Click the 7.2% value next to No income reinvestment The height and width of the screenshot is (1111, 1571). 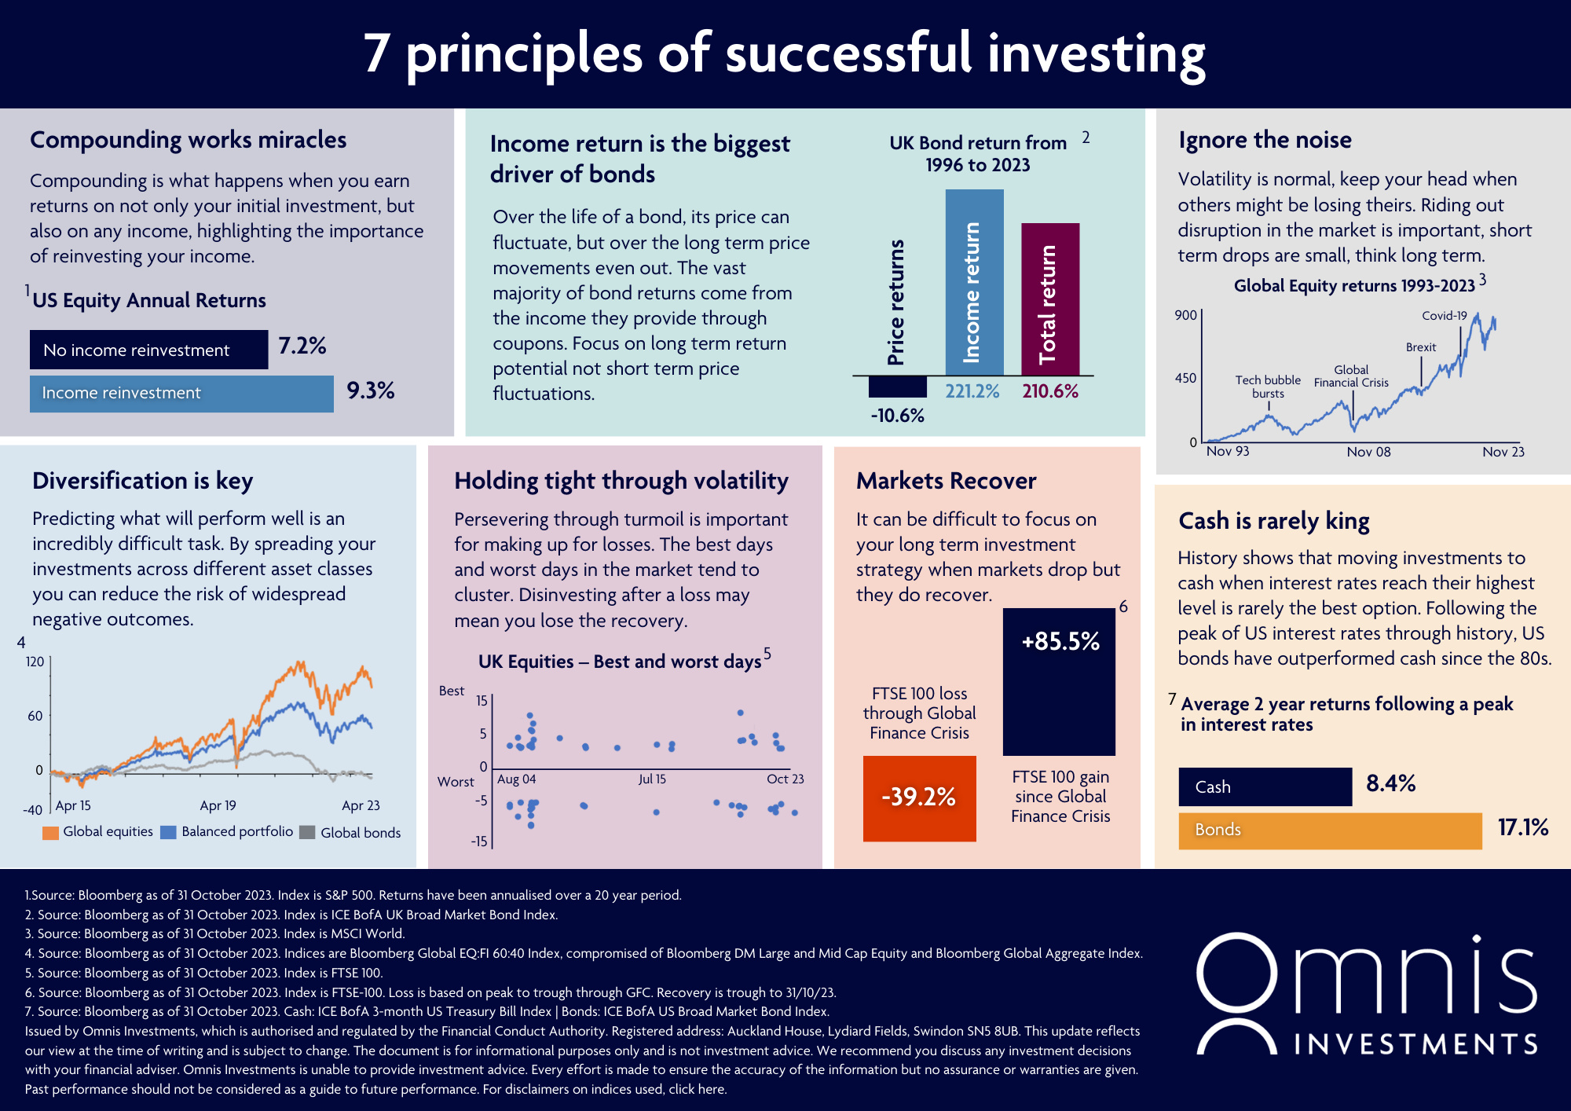coord(302,346)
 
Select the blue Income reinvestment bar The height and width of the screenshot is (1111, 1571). coord(181,394)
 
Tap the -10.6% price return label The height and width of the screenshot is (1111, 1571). coord(897,416)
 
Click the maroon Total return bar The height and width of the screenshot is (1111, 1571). coord(1050,299)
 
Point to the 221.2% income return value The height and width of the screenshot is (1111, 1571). coord(972,391)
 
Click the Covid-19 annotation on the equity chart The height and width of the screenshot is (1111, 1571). coord(1444,316)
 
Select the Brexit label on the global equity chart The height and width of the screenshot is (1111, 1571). coord(1420,347)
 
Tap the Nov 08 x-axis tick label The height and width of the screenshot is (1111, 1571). coord(1368,452)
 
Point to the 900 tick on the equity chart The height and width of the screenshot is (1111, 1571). coord(1185,315)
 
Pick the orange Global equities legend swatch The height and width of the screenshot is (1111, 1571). coord(51,833)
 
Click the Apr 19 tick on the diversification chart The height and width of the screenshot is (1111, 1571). coord(218,805)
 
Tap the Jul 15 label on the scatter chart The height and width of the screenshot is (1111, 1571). coord(652,779)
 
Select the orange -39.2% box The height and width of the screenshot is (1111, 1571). coord(919,798)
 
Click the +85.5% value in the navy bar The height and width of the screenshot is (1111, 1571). coord(1060,642)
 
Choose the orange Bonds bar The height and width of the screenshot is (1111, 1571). coord(1330,830)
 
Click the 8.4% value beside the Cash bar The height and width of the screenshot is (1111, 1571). coord(1390,783)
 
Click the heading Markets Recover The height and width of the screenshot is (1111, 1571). coord(946,481)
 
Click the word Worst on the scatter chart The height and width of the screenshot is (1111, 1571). coord(456,782)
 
